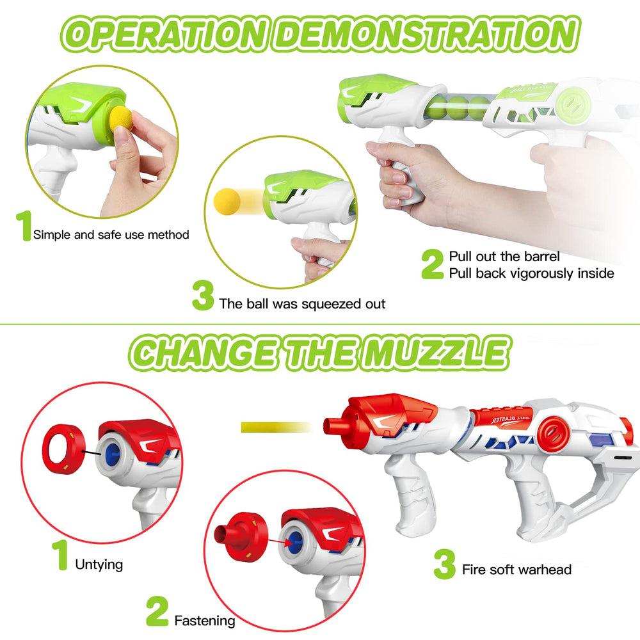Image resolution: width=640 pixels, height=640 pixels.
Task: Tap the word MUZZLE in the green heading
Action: pos(436,353)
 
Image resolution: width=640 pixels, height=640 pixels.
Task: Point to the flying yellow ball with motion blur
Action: pos(227,201)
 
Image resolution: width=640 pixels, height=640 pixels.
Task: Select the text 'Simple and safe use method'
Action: pos(111,235)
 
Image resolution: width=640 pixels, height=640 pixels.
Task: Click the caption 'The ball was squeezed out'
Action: pos(302,304)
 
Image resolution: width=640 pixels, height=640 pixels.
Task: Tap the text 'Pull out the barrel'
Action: pos(504,257)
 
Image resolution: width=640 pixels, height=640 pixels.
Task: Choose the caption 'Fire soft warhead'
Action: pos(516,570)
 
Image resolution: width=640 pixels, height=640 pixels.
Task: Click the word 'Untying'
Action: pos(99,565)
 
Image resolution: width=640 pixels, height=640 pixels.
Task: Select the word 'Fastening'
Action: pos(205,621)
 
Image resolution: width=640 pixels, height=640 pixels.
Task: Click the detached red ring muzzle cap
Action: pos(63,449)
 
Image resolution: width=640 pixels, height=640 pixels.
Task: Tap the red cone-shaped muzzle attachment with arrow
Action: pos(241,537)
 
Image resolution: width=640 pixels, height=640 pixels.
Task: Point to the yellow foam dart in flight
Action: pos(276,428)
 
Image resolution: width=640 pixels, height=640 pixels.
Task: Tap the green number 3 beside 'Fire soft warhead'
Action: pos(445,564)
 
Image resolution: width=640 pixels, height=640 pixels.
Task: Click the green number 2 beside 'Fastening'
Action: pos(157,611)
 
